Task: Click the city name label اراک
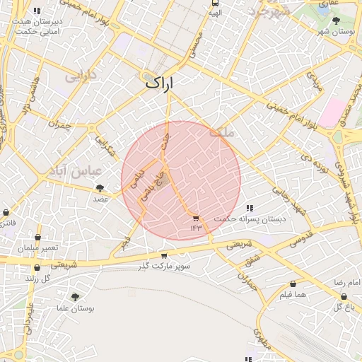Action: (159, 82)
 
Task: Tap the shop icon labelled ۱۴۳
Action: (196, 218)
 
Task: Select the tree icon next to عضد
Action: (99, 188)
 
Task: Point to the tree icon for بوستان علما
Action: (75, 297)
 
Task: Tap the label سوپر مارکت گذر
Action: (164, 266)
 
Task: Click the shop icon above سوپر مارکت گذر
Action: (164, 256)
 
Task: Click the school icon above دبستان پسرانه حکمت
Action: (250, 209)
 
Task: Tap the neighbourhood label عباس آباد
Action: (78, 171)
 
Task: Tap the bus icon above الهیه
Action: (215, 3)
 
